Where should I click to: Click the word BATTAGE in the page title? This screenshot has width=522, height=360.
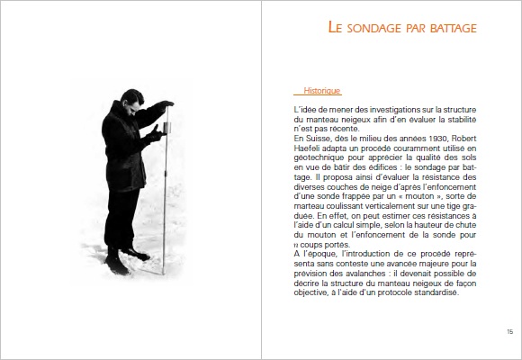450,29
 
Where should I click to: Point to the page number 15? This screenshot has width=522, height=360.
509,331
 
